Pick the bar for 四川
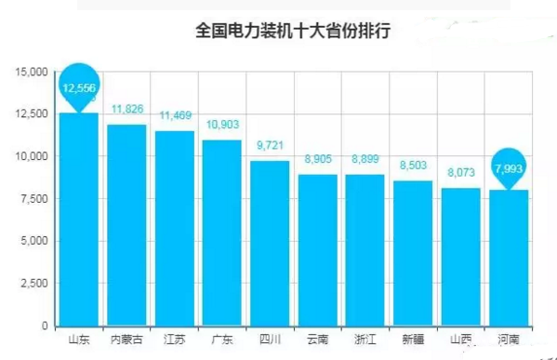270,243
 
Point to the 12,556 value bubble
79,87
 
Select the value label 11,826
126,110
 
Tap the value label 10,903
222,124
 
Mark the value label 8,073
460,172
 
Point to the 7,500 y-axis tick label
33,198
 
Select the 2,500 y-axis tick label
33,283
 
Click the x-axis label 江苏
174,339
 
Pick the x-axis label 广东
222,339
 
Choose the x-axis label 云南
317,339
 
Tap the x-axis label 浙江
365,339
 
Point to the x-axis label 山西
460,339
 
